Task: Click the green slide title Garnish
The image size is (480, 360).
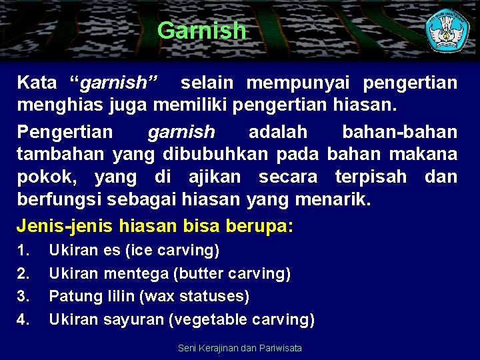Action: click(x=201, y=30)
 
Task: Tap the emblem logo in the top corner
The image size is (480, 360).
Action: click(x=448, y=29)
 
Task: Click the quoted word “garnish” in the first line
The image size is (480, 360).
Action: click(x=115, y=83)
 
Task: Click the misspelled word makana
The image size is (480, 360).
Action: click(x=424, y=154)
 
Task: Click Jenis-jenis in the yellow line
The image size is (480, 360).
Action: click(x=64, y=225)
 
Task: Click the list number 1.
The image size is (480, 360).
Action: click(x=23, y=251)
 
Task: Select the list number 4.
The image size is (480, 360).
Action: click(x=23, y=320)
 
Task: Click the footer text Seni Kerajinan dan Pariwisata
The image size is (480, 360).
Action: click(x=240, y=348)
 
